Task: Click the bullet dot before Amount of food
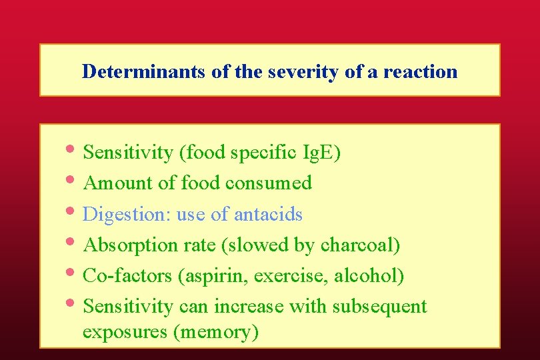pyautogui.click(x=72, y=180)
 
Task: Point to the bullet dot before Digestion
pyautogui.click(x=72, y=211)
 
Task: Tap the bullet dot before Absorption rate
pyautogui.click(x=72, y=242)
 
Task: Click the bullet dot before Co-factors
pyautogui.click(x=72, y=273)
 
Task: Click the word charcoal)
pyautogui.click(x=361, y=245)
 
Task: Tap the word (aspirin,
pyautogui.click(x=209, y=276)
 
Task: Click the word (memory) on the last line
pyautogui.click(x=216, y=331)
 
